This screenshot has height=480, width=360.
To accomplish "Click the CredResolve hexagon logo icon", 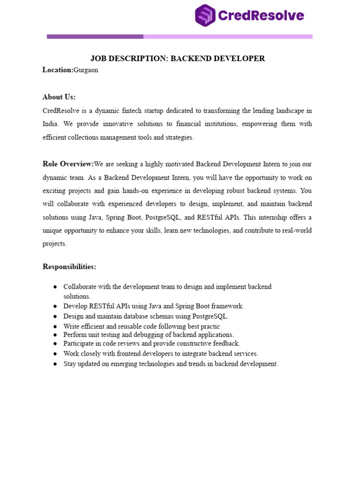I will tap(205, 15).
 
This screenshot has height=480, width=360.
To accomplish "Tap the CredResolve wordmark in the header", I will tap(261, 16).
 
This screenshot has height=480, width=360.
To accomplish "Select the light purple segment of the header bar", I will tap(228, 37).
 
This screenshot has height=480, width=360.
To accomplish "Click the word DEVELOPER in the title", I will tap(240, 59).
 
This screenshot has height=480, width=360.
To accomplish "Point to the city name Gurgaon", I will tap(86, 70).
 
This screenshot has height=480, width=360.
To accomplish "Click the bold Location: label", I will tap(58, 70).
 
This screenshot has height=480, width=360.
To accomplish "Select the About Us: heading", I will tap(59, 97).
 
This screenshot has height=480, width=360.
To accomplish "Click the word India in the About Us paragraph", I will tap(50, 124).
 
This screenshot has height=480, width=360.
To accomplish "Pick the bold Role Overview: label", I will tap(68, 164).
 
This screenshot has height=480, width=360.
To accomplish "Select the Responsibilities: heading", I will tap(69, 267).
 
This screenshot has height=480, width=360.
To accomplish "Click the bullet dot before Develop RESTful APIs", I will tap(55, 306).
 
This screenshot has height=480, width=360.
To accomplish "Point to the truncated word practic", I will tap(209, 326).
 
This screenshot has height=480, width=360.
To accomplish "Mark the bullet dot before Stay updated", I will tap(55, 364).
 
